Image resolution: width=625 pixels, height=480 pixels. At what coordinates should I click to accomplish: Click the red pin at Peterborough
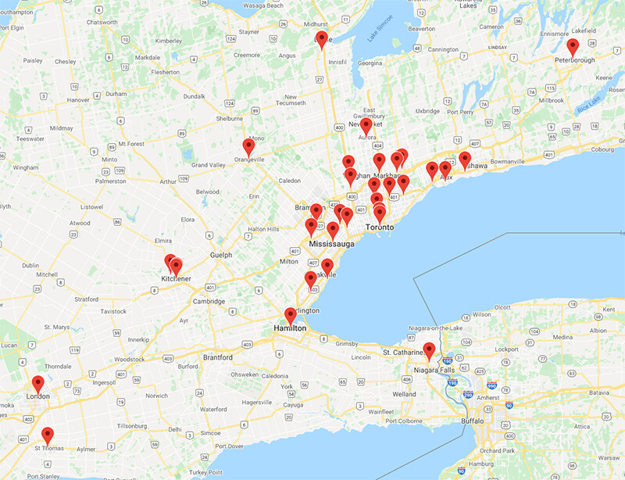point(573,47)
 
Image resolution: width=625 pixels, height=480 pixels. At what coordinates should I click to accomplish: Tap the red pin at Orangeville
point(249,147)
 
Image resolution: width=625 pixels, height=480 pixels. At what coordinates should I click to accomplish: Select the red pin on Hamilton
point(291,316)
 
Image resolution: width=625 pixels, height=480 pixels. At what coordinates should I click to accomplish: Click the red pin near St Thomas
point(48,435)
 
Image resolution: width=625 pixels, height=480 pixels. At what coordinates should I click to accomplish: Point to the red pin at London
point(38,384)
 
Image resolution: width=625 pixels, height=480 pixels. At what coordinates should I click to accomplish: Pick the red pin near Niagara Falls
point(428,351)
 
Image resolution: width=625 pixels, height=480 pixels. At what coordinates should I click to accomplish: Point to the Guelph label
point(222,255)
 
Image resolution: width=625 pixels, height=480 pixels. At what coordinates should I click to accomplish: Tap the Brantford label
point(218,357)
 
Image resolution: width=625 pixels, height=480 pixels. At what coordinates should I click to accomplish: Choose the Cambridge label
point(210,301)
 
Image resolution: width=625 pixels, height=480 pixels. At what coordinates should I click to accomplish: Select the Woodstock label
point(129,359)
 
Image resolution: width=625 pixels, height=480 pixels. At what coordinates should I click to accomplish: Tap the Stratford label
point(86,299)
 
